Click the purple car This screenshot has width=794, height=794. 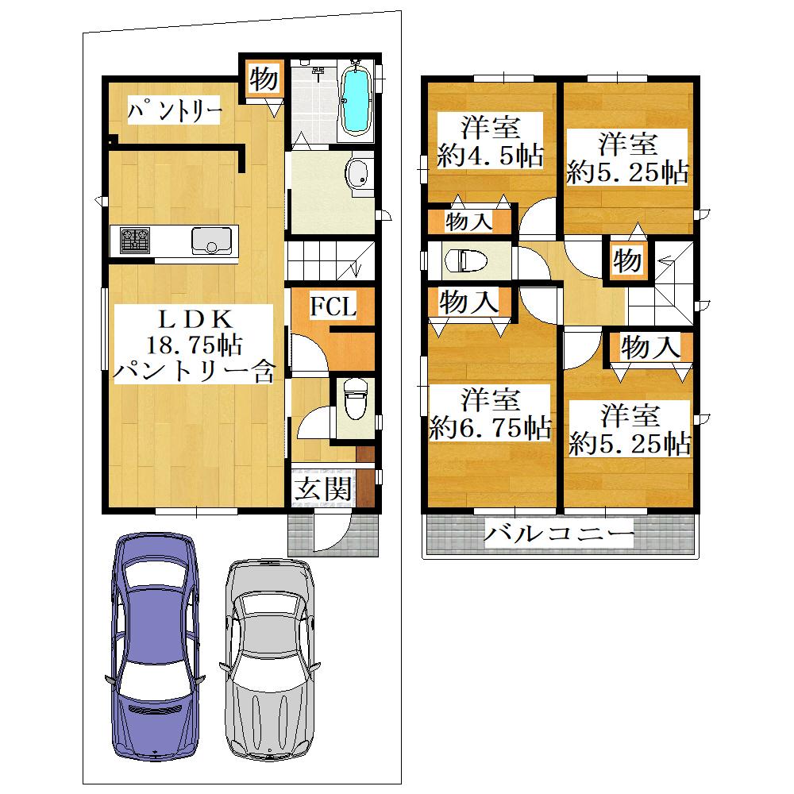click(x=156, y=646)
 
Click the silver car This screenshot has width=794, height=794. click(x=269, y=659)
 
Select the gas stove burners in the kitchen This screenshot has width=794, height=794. click(x=135, y=241)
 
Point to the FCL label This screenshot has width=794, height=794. click(x=333, y=306)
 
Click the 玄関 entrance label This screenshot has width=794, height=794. click(x=323, y=488)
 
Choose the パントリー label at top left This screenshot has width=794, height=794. click(x=174, y=110)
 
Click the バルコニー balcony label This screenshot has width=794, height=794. click(x=558, y=534)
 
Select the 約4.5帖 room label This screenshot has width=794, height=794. click(x=490, y=156)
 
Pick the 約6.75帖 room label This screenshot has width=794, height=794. click(x=490, y=428)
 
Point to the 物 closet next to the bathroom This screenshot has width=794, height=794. click(x=264, y=79)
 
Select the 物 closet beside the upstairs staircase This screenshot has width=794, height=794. click(x=627, y=260)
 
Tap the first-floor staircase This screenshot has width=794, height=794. click(x=330, y=260)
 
